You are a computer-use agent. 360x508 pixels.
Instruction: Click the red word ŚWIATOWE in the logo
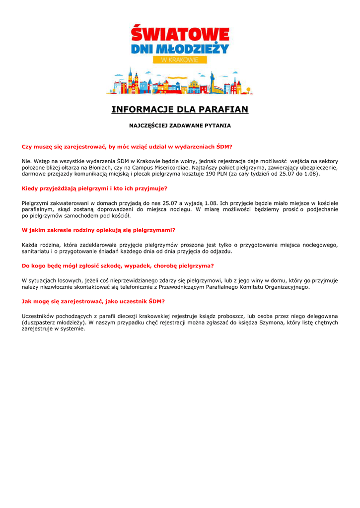click(x=180, y=35)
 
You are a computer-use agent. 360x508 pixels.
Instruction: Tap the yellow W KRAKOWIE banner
click(x=180, y=60)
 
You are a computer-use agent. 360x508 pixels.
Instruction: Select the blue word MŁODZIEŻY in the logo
click(x=199, y=49)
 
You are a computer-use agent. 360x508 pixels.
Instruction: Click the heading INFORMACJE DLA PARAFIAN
click(x=180, y=109)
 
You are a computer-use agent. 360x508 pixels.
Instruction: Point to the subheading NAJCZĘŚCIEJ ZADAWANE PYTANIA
click(x=180, y=126)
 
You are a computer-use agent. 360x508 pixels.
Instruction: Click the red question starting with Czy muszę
click(x=127, y=147)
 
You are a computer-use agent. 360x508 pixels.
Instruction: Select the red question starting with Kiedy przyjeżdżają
click(x=94, y=189)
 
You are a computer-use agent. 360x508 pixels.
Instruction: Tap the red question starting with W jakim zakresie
click(x=98, y=230)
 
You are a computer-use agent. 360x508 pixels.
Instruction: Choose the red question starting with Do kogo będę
click(x=118, y=265)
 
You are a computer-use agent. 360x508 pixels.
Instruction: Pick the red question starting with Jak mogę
click(x=93, y=301)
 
